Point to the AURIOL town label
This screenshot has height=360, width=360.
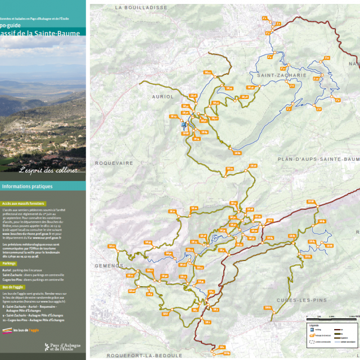pos(163,96)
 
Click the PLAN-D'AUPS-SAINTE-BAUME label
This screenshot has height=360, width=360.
pos(318,159)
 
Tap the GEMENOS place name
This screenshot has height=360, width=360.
pos(108,265)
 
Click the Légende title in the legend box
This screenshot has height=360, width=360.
pos(314,325)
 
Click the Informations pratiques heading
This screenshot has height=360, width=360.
pos(27,186)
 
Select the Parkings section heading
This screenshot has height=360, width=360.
pos(9,263)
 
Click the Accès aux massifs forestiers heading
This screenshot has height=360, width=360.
pos(23,203)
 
